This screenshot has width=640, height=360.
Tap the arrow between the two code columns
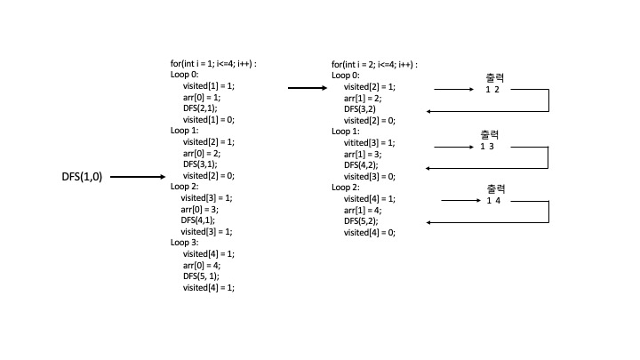(x=307, y=88)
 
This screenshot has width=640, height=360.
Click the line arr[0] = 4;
(x=203, y=265)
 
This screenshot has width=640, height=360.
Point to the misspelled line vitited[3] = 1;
(x=369, y=142)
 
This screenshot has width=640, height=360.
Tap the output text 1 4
(x=493, y=201)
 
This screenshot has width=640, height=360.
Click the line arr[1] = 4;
(x=364, y=210)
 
